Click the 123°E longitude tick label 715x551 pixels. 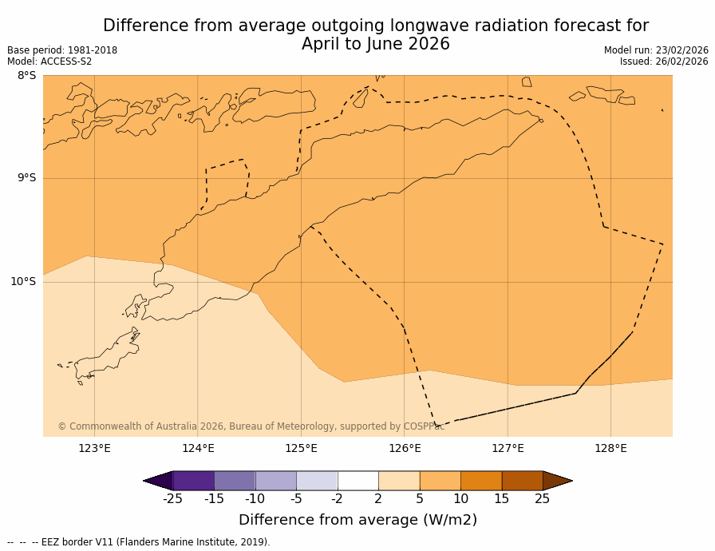(x=94, y=448)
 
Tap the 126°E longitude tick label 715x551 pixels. (x=405, y=448)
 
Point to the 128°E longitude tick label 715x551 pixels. (x=610, y=448)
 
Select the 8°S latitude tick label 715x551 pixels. (x=26, y=76)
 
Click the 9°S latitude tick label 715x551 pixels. (x=26, y=178)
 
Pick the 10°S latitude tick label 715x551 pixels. (x=23, y=281)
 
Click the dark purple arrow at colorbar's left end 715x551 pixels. (x=159, y=481)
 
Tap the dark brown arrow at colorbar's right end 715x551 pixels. (x=557, y=481)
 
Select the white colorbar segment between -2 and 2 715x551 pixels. (x=357, y=481)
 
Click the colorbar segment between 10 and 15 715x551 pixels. (x=481, y=481)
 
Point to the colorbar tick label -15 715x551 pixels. (x=214, y=499)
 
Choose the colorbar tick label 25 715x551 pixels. (x=542, y=499)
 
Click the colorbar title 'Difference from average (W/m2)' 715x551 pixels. (x=357, y=520)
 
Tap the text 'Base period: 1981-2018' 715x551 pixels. (x=62, y=50)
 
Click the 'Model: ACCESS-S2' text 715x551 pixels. (x=49, y=61)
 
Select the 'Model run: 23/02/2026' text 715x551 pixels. (x=656, y=50)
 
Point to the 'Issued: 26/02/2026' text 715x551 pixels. (x=664, y=61)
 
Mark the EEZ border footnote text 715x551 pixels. (x=139, y=542)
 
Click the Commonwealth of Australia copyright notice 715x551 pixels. (x=251, y=426)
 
